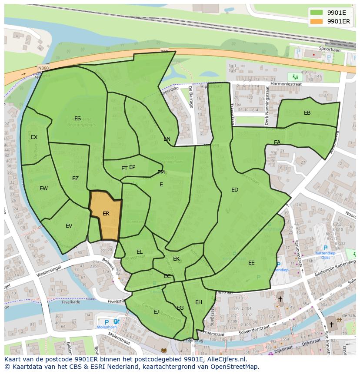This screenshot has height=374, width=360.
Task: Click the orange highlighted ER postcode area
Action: click(106, 215)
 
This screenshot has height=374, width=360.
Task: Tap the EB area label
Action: click(307, 113)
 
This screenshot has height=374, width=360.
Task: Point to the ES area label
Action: click(77, 119)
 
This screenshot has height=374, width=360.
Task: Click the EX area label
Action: click(34, 137)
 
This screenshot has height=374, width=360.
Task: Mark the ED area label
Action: click(235, 190)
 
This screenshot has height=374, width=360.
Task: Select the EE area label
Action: click(251, 263)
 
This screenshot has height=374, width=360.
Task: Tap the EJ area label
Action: click(156, 311)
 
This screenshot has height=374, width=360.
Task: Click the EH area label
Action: click(198, 302)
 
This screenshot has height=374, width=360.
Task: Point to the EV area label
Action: click(69, 226)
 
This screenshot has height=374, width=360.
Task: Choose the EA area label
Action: click(277, 142)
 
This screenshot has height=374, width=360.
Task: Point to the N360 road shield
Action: click(43, 68)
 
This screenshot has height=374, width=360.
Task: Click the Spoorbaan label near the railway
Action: click(329, 49)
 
